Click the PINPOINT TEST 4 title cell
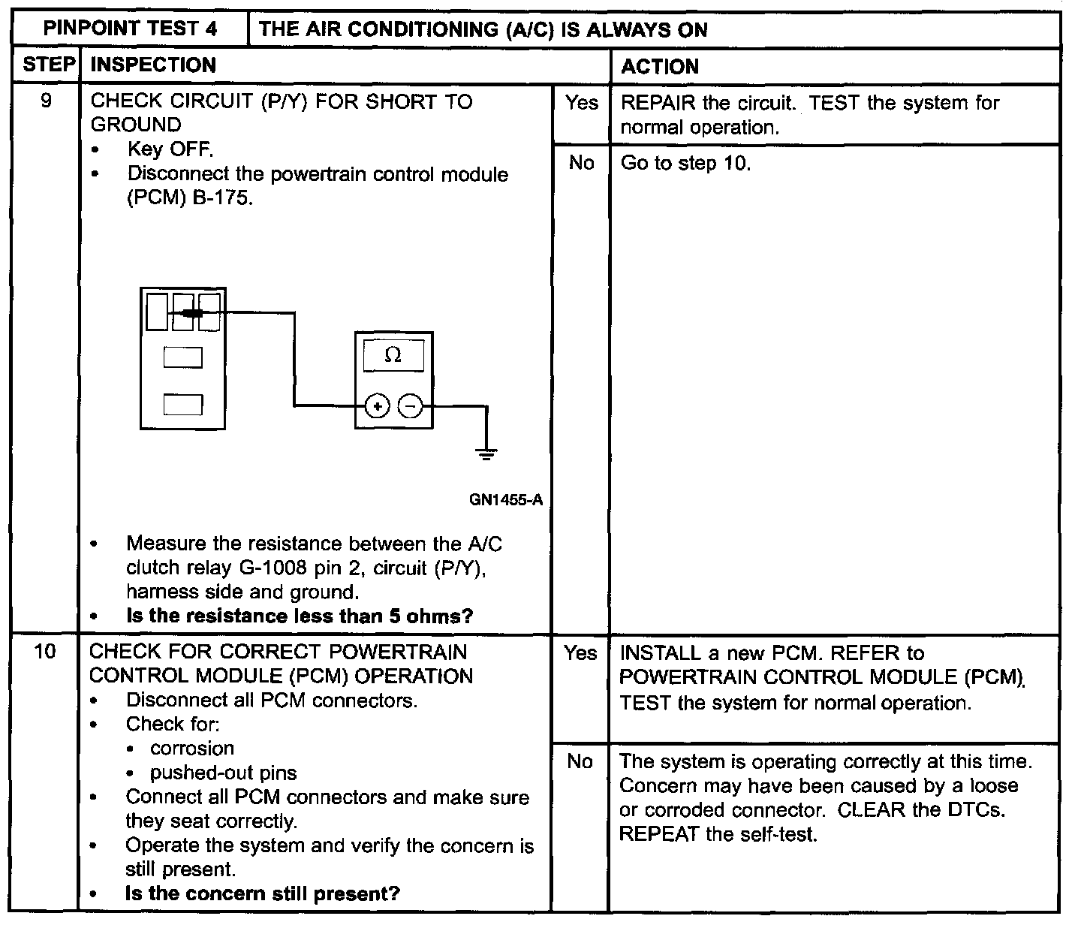[130, 29]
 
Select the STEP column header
[47, 65]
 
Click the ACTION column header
[660, 67]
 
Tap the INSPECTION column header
[153, 65]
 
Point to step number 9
[47, 101]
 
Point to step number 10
[45, 652]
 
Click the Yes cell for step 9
[581, 103]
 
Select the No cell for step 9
[581, 163]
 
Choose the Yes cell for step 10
[580, 653]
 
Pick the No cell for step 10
[580, 761]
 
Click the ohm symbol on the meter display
[393, 355]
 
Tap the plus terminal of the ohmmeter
[377, 407]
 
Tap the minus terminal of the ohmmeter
[410, 407]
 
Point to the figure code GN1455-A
[505, 500]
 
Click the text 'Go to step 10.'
[685, 163]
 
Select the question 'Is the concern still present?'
[263, 893]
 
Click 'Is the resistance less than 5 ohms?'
[300, 616]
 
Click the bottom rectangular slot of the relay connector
[183, 405]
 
